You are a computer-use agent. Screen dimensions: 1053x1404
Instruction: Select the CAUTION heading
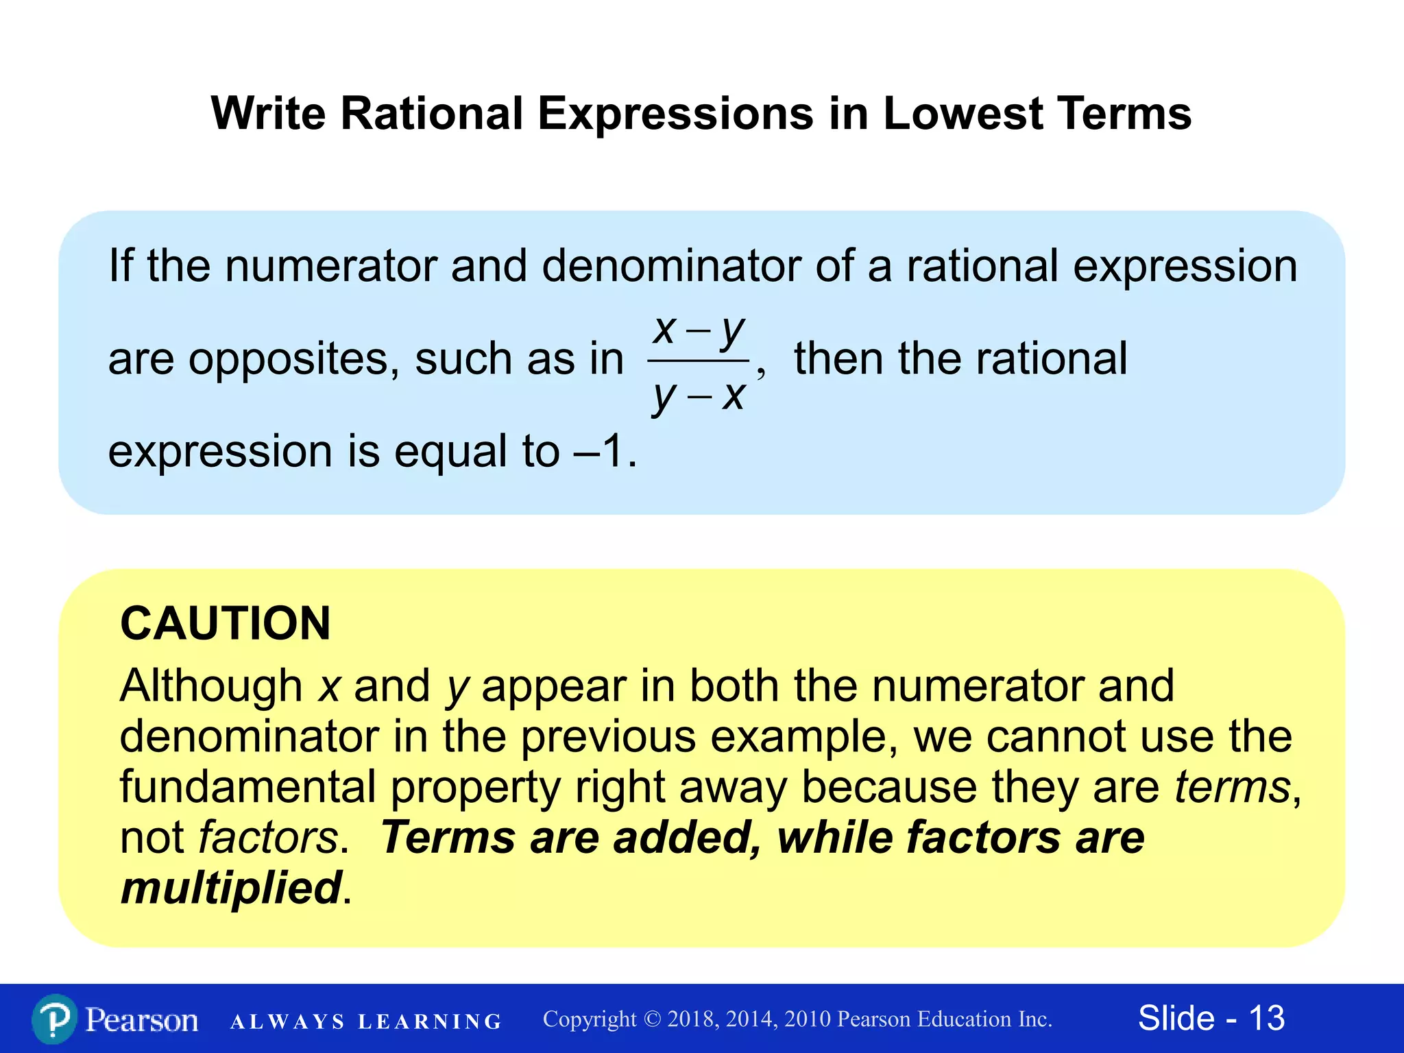coord(226,623)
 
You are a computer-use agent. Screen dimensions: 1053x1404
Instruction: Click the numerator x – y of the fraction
coord(698,330)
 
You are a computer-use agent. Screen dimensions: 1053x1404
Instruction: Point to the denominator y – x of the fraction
coord(698,396)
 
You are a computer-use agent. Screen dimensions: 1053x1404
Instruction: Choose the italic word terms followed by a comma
coord(1233,786)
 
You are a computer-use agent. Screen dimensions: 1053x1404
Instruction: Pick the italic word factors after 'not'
coord(268,837)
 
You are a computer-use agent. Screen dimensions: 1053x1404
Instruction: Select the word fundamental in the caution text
coord(248,786)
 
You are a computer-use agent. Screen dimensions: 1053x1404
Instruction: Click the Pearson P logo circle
coord(54,1019)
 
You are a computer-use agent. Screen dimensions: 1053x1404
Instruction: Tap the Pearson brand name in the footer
coord(142,1020)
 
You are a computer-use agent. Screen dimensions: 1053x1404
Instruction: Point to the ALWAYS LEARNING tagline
coord(366,1021)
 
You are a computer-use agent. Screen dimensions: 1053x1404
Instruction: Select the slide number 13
coord(1266,1018)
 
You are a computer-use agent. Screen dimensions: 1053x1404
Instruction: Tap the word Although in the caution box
coord(211,686)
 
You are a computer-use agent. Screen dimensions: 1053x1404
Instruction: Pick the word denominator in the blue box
coord(671,266)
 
